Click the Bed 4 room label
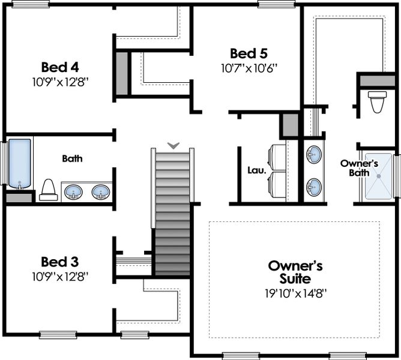60,66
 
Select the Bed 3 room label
60,262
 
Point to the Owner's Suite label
287,272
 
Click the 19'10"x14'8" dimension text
287,294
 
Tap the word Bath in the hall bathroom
72,159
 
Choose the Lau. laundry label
256,170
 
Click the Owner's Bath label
358,167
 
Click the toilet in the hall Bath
49,190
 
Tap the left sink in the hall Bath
74,192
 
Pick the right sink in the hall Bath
100,192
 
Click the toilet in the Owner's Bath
377,102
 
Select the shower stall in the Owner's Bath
378,175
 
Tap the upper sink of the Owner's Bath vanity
313,155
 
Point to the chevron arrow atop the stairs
173,145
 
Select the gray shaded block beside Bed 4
122,73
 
